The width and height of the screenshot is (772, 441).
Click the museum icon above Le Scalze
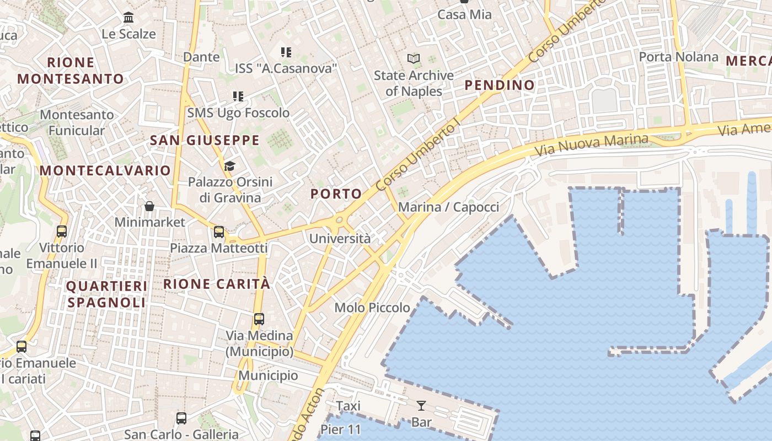click(x=129, y=18)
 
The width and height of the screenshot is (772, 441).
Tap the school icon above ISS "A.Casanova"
click(x=286, y=52)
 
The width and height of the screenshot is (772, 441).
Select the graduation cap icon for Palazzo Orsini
click(x=229, y=166)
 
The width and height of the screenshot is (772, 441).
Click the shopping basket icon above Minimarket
click(x=149, y=206)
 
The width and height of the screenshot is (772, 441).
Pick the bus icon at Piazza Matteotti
click(x=219, y=232)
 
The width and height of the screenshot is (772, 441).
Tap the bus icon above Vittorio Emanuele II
click(x=62, y=232)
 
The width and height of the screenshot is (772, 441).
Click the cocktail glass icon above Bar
click(x=421, y=406)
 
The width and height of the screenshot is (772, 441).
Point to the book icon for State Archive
click(x=414, y=58)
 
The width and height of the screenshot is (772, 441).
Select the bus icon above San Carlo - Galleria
click(x=181, y=418)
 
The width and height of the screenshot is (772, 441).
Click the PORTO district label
click(x=336, y=194)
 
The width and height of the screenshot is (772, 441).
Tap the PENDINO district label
click(x=500, y=85)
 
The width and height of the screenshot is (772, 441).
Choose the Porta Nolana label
click(x=678, y=57)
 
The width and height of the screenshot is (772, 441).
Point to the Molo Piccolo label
click(x=372, y=308)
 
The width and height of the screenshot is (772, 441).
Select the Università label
click(x=340, y=239)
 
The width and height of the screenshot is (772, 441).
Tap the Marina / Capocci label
click(x=448, y=207)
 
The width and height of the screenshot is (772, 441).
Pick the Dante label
click(x=201, y=57)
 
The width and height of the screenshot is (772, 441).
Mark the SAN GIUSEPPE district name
click(x=205, y=141)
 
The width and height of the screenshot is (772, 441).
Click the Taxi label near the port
click(x=348, y=406)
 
